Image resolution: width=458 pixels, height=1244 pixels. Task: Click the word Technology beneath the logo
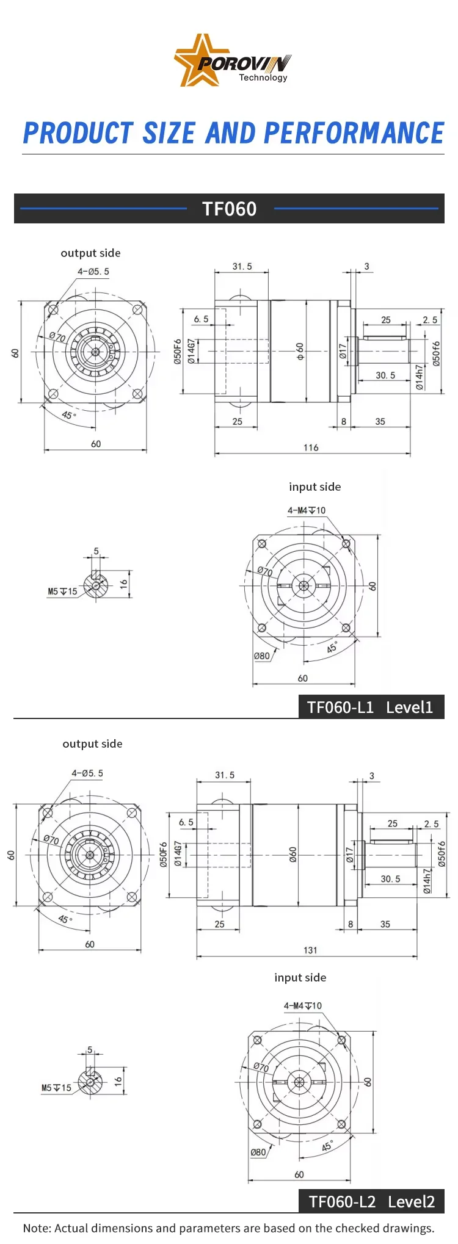coord(263,78)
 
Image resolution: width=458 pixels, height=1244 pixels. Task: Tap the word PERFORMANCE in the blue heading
coord(354,133)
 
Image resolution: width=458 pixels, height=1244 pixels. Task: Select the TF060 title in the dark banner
coord(229,209)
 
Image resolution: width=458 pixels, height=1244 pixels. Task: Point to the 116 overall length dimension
coord(311,447)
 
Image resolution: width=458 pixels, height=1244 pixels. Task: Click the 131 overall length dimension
coord(310,950)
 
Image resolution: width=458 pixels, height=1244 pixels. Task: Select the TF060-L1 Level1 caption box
coord(370,707)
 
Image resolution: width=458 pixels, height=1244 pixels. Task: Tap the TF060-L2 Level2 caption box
coord(371,1201)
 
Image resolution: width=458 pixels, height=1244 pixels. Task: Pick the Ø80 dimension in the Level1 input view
coord(262,656)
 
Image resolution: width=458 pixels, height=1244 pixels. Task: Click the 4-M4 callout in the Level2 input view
coord(302,1005)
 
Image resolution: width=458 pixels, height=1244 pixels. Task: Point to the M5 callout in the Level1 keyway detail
coord(62,591)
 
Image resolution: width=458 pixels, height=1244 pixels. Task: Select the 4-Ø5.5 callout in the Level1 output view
coord(93,272)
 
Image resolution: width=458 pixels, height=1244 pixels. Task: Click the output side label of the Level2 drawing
coord(92,743)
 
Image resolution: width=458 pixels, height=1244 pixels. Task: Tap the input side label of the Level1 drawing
coord(314,486)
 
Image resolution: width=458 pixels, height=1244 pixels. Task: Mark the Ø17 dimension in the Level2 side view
coord(349,854)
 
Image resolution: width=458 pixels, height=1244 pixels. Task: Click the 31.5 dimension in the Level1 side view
coord(242,266)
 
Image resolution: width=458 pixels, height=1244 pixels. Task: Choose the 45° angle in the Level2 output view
coord(65,919)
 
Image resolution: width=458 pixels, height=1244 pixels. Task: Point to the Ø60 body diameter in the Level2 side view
coord(293,854)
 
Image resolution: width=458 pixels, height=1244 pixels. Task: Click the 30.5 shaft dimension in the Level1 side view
coord(385,375)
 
